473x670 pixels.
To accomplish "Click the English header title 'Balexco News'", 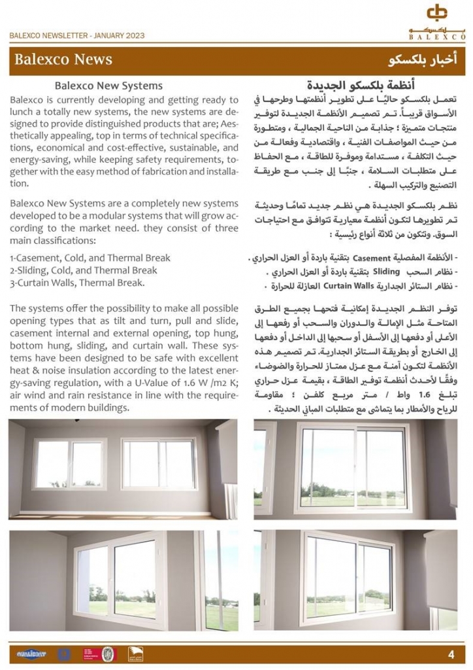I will coord(63,60).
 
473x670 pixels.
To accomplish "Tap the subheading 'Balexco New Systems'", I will coord(108,85).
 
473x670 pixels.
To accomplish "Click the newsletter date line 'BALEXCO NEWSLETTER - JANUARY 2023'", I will coord(77,36).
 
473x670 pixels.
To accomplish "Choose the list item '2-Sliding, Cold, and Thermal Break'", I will coord(74,270).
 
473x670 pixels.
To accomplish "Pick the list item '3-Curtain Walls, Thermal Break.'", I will coord(77,283).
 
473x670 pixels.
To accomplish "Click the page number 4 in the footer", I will coord(451,654).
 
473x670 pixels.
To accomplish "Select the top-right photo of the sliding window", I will coord(355,469).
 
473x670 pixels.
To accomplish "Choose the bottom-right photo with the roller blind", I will coord(355,581).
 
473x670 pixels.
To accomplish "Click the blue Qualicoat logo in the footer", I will coord(31,654).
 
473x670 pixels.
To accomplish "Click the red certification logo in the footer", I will coord(88,654).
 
